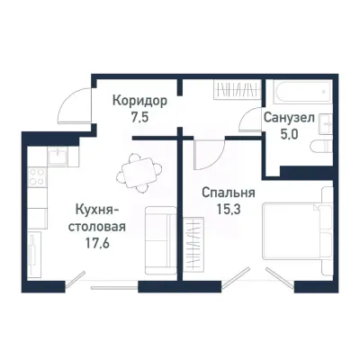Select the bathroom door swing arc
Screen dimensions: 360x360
(251, 120)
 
